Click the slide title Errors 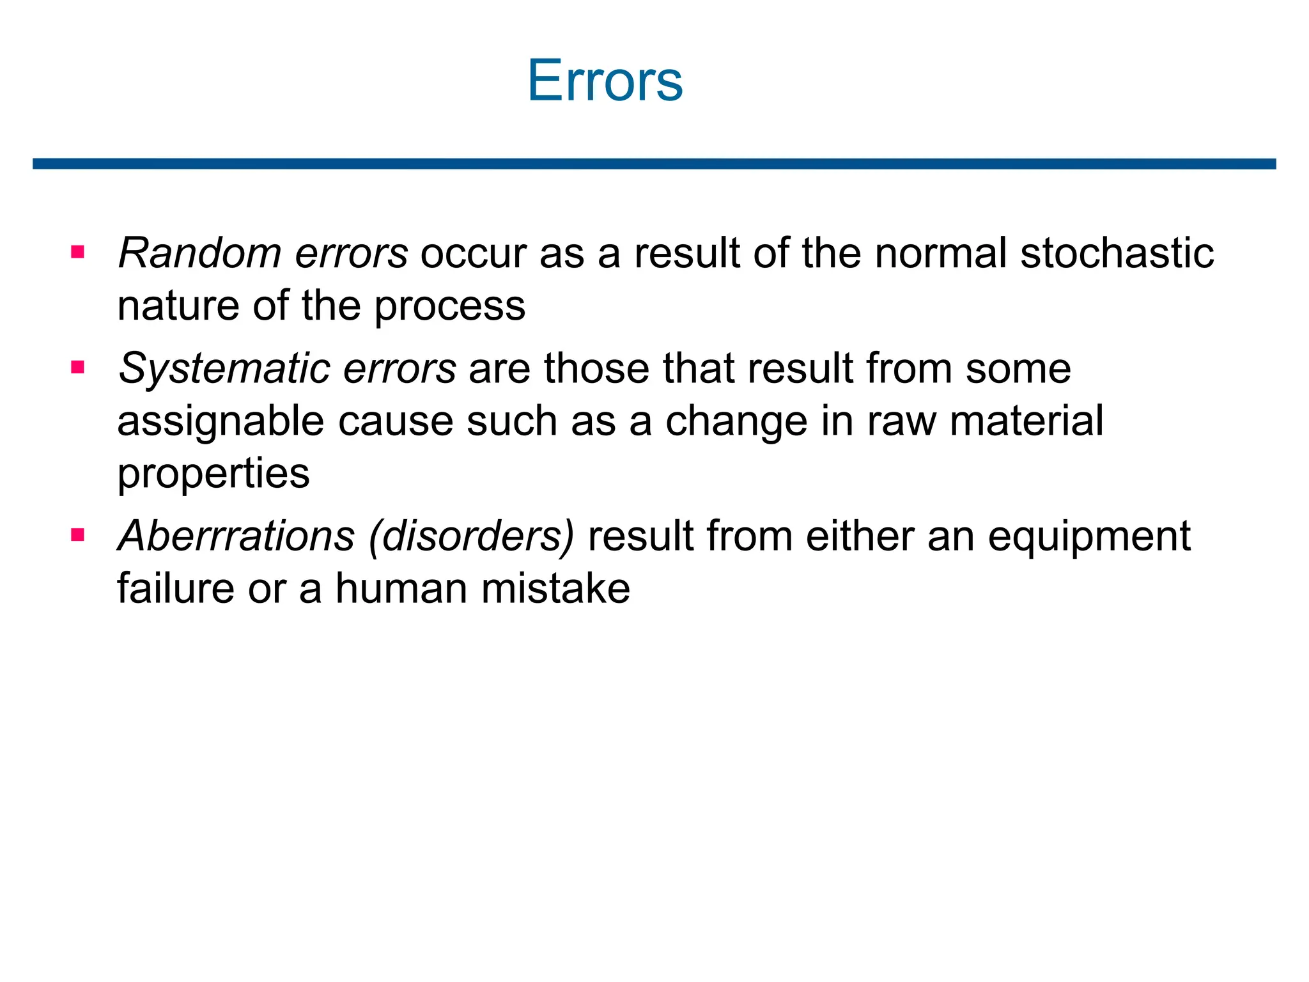point(605,81)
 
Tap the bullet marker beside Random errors point(78,252)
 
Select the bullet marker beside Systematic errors point(78,368)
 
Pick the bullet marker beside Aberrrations point(78,534)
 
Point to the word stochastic point(1117,253)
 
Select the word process point(449,307)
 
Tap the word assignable point(220,422)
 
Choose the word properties point(213,474)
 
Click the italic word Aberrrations point(236,536)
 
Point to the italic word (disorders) point(472,536)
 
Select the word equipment point(1089,537)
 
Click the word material point(1026,421)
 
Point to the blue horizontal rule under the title point(654,164)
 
